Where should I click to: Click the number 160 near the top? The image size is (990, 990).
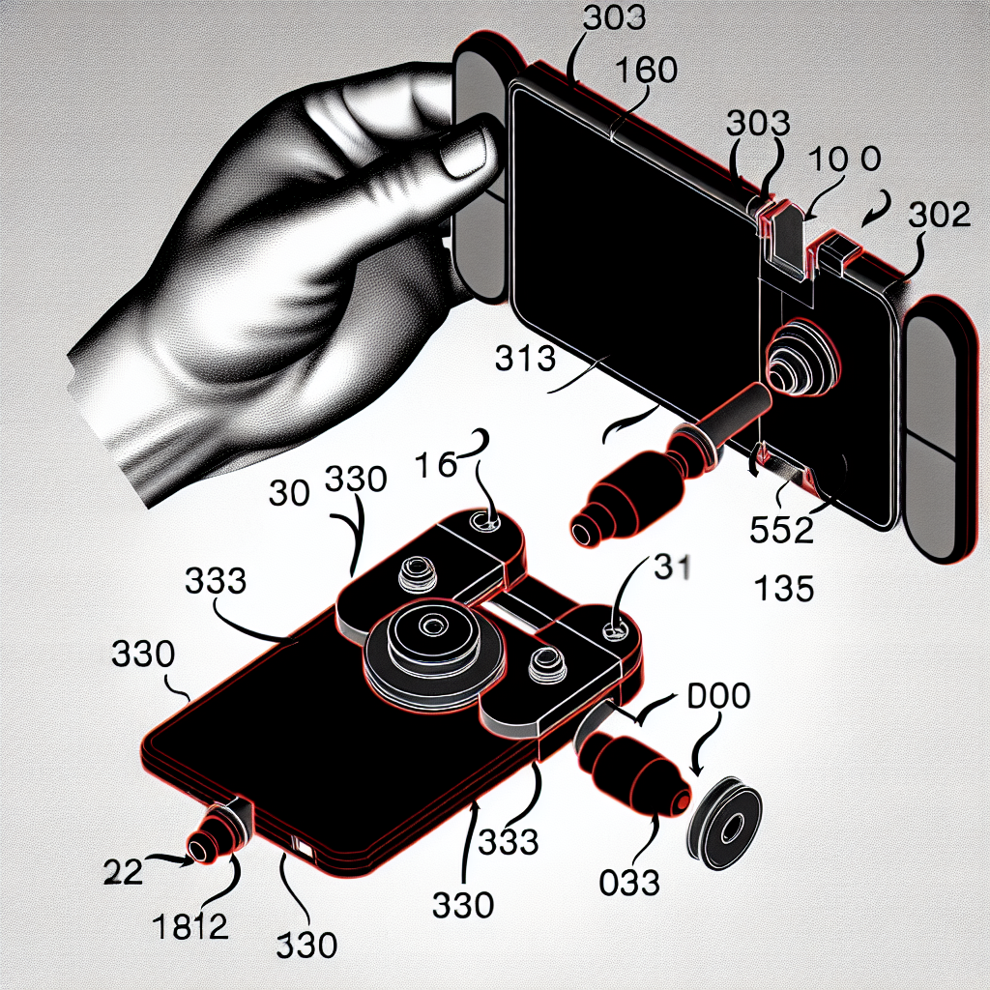click(x=645, y=70)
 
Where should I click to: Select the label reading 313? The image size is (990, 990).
click(x=525, y=358)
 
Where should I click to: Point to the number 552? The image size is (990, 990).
click(x=781, y=530)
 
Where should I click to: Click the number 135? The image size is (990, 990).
click(x=783, y=589)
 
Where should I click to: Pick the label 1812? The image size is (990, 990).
click(x=190, y=926)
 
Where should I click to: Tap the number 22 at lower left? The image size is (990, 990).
click(x=123, y=872)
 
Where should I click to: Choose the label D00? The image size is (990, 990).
click(x=718, y=695)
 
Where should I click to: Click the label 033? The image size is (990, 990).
click(x=628, y=882)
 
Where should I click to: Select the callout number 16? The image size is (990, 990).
click(x=436, y=465)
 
